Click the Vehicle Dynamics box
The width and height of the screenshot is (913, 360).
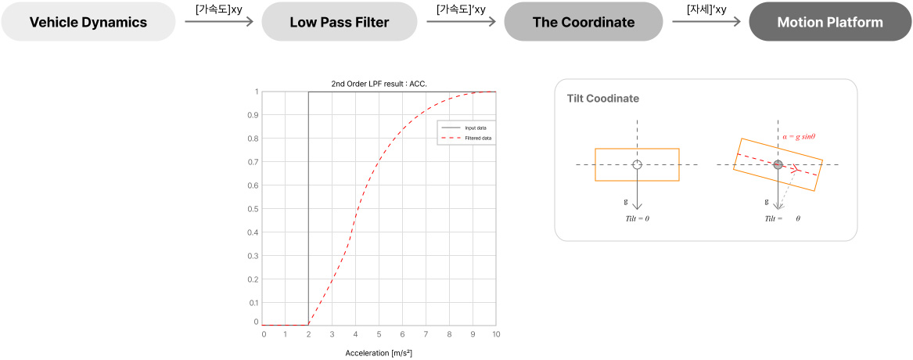pos(88,22)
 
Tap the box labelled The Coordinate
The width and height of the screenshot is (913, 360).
pos(583,22)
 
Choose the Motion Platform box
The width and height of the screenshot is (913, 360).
pos(829,22)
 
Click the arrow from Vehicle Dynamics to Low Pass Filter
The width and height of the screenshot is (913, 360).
pos(220,22)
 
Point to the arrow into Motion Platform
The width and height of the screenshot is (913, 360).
pos(706,22)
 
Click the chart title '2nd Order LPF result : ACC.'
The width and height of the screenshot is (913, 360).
pos(379,84)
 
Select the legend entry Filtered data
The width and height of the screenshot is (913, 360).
pos(477,138)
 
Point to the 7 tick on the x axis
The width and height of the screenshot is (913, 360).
pos(426,334)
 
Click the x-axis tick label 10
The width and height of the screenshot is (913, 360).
pos(496,334)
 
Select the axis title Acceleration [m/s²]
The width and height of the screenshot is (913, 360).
pos(379,353)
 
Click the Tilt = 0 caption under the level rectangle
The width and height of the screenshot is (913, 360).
pos(637,218)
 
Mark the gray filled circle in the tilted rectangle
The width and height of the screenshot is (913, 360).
pos(778,164)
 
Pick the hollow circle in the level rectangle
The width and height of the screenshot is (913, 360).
pos(637,164)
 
